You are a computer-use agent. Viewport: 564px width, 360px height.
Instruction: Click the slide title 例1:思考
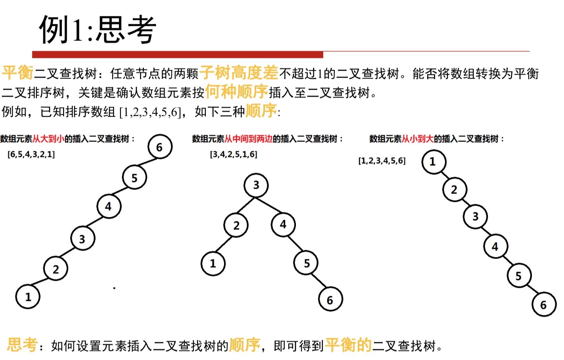[x=98, y=30]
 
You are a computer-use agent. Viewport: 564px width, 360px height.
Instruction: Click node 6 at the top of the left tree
[x=160, y=147]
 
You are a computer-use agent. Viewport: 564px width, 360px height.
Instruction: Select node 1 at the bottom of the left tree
[x=28, y=297]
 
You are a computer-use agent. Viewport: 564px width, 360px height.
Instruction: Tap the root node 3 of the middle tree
[x=256, y=185]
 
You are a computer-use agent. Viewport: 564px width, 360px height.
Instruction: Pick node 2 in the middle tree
[x=236, y=225]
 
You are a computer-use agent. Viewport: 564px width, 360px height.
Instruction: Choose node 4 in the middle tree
[x=283, y=224]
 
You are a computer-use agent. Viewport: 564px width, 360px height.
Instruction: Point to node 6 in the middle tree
[x=330, y=300]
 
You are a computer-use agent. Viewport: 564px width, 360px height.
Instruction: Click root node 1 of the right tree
[x=433, y=162]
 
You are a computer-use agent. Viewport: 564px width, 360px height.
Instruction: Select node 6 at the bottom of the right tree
[x=543, y=304]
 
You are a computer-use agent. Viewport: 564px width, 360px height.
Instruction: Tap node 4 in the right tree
[x=495, y=247]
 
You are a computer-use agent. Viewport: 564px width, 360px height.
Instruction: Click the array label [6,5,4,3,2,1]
[x=31, y=154]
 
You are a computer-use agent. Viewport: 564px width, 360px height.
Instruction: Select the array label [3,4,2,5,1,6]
[x=234, y=154]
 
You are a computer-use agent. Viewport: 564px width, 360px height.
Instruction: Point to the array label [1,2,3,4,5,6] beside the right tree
[x=382, y=161]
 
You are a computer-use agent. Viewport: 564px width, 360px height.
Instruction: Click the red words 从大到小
[x=48, y=139]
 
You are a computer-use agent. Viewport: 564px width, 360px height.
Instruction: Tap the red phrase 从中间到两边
[x=249, y=139]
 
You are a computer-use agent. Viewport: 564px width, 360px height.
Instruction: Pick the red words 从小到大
[x=418, y=139]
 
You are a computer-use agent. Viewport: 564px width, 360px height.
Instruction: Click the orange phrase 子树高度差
[x=239, y=73]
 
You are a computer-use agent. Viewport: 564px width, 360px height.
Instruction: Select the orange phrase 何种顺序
[x=236, y=92]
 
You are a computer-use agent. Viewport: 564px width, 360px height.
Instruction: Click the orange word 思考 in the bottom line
[x=22, y=345]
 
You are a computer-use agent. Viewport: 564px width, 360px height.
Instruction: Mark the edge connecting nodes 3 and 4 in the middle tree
[x=270, y=205]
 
